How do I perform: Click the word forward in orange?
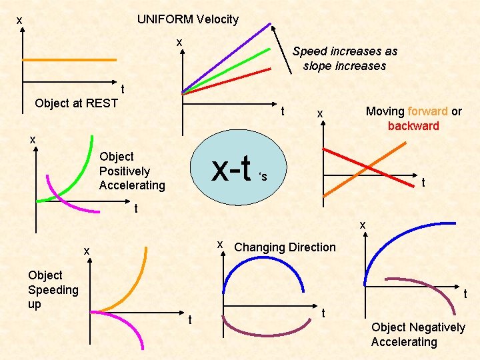pyautogui.click(x=427, y=111)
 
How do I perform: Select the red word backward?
pyautogui.click(x=413, y=126)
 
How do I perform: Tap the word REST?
pyautogui.click(x=103, y=103)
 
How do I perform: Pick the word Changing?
pyautogui.click(x=259, y=247)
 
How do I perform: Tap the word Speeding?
pyautogui.click(x=53, y=289)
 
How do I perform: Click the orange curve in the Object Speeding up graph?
pyautogui.click(x=133, y=287)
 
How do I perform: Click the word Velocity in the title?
pyautogui.click(x=217, y=19)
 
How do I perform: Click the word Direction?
pyautogui.click(x=312, y=247)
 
